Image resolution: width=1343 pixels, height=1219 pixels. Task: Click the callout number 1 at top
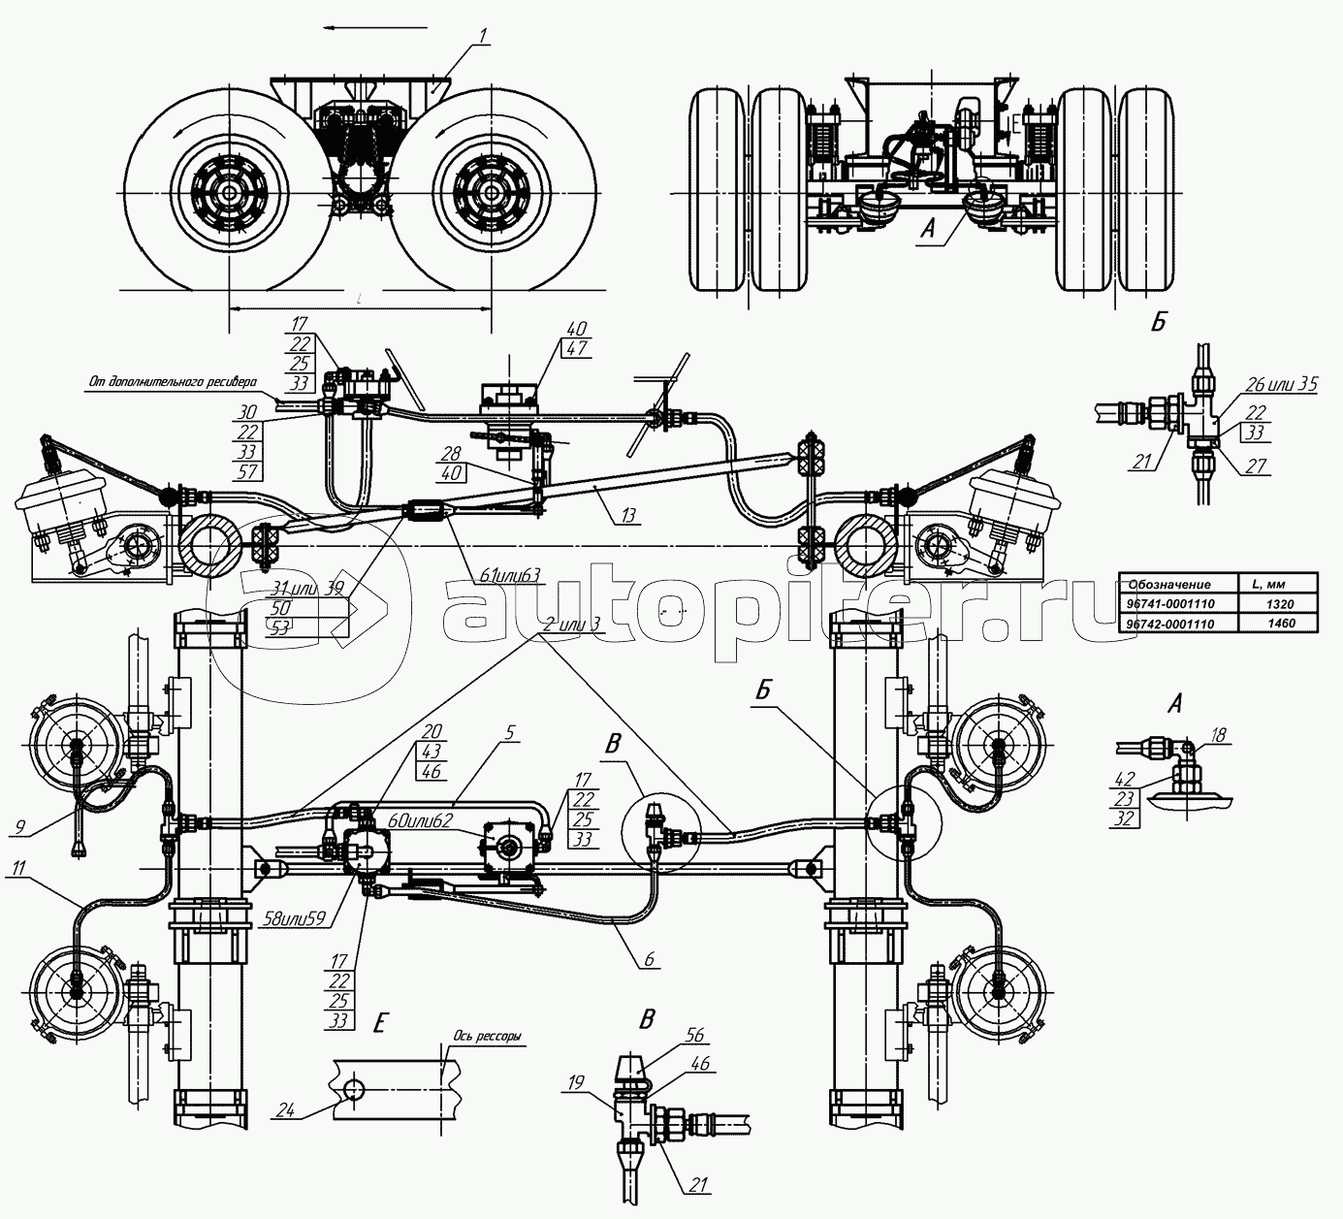pyautogui.click(x=483, y=38)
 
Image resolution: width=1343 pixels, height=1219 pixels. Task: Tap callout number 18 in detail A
pyautogui.click(x=1219, y=736)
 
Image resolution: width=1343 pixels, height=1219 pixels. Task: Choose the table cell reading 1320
pyautogui.click(x=1280, y=603)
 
